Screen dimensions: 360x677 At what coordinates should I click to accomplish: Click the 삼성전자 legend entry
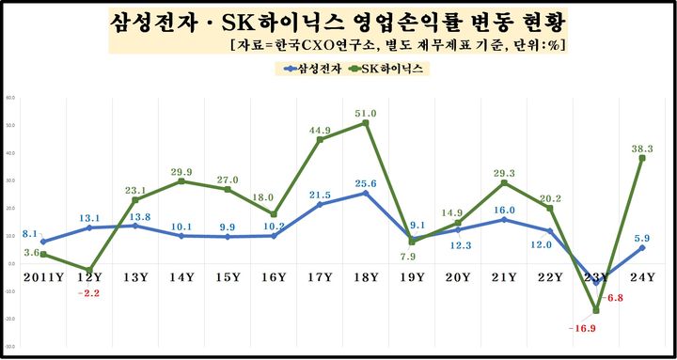click(310, 69)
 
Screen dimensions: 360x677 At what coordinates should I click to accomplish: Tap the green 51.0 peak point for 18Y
click(365, 123)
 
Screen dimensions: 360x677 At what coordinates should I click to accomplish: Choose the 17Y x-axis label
click(320, 277)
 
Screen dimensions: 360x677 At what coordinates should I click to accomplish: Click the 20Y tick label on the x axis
click(458, 277)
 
